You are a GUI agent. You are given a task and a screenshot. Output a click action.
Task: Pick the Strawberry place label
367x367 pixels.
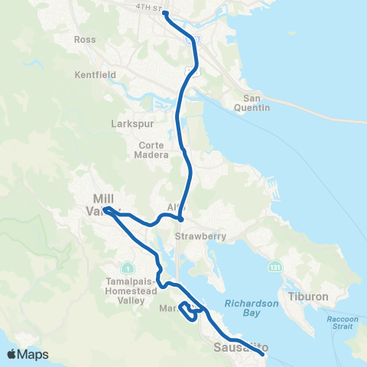pos(200,236)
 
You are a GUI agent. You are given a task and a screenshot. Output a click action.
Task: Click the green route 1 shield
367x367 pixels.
pos(132,269)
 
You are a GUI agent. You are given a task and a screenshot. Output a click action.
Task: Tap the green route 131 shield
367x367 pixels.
pos(273,268)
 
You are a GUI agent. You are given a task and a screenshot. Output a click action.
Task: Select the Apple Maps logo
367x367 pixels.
pos(28,354)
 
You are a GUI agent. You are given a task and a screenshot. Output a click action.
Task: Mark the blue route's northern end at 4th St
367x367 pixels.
pos(165,15)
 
